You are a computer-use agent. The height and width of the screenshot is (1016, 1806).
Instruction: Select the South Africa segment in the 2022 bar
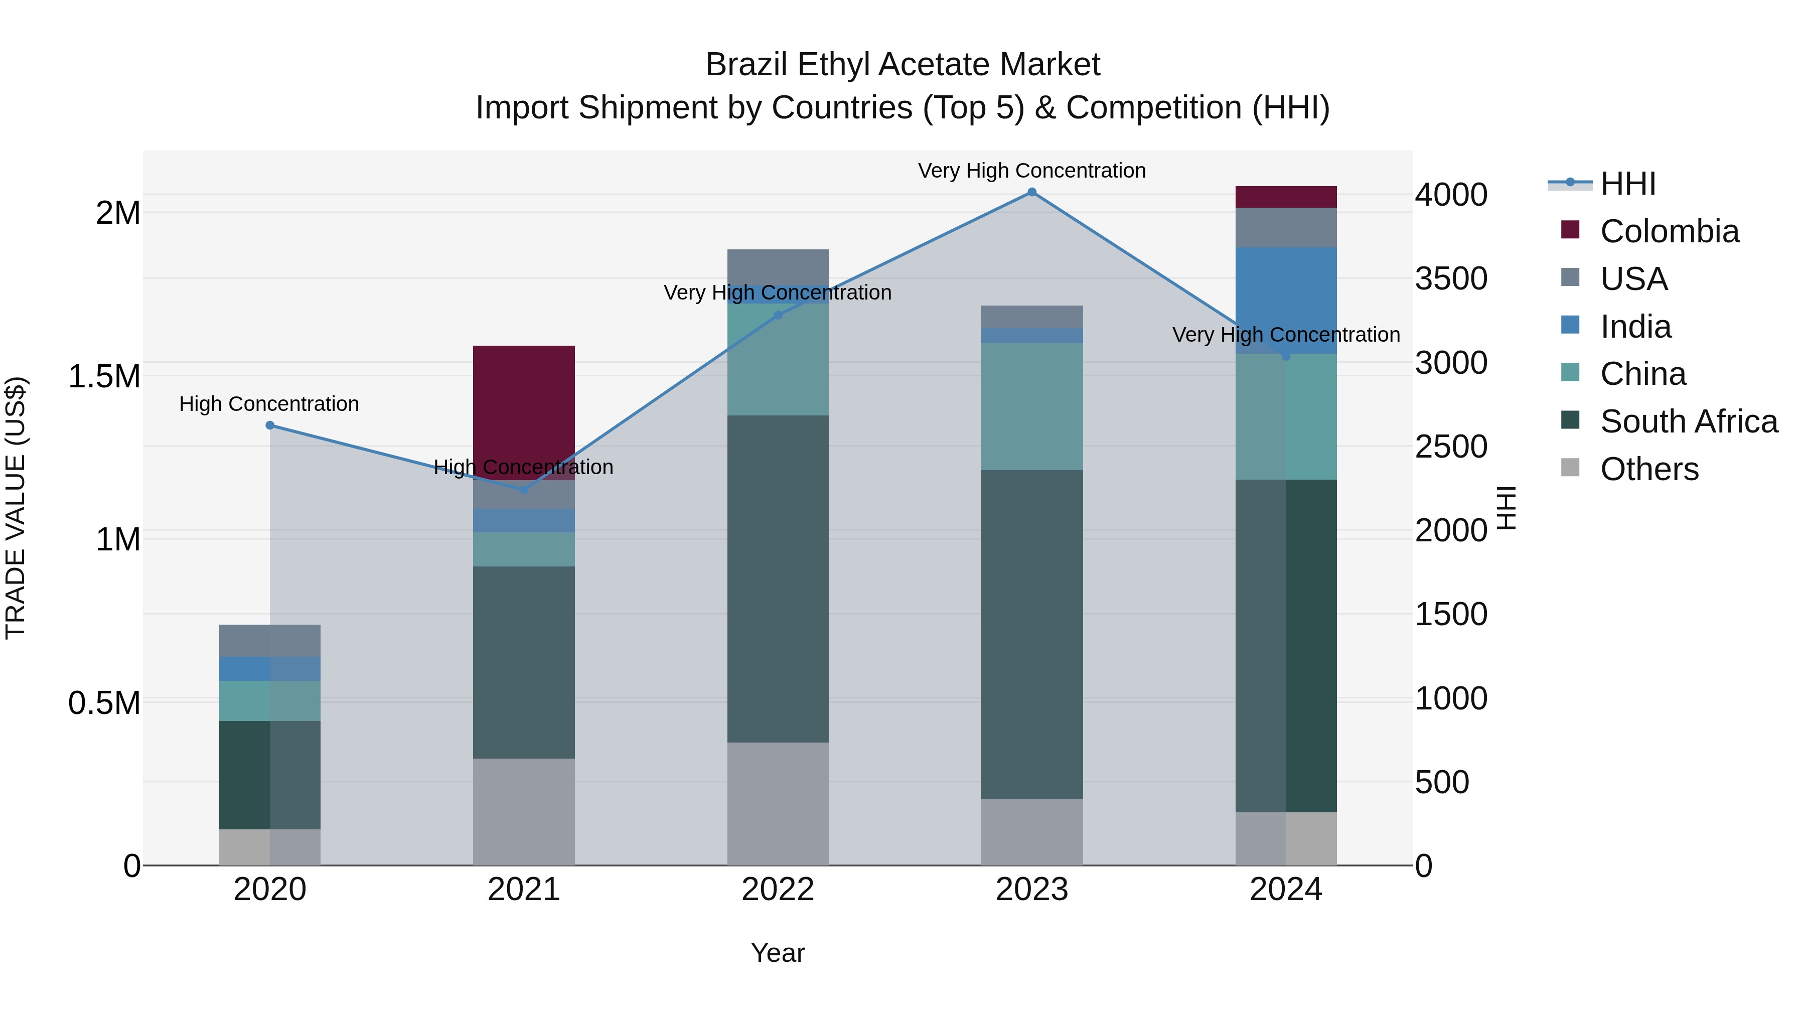778,578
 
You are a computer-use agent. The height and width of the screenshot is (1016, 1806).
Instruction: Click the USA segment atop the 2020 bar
270,640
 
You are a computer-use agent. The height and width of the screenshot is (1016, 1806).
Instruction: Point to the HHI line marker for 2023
1031,192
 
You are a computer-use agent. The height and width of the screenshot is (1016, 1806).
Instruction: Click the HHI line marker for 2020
270,425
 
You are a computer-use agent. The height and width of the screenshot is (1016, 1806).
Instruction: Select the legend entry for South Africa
1688,421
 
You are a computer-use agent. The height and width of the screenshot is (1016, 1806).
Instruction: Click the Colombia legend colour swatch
1570,230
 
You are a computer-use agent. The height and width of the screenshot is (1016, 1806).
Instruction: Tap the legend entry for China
1642,374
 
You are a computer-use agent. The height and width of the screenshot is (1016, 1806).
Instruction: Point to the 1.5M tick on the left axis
104,376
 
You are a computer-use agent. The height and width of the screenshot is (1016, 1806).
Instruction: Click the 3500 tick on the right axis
1450,278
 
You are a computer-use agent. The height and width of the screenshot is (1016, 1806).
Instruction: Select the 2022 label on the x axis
778,890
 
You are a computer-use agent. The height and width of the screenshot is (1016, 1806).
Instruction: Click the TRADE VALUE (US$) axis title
16,508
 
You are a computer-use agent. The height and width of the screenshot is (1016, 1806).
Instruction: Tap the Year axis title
778,953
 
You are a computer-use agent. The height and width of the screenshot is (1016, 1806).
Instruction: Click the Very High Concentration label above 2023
1031,171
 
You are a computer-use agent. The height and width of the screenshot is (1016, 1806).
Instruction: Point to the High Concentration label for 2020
269,404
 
